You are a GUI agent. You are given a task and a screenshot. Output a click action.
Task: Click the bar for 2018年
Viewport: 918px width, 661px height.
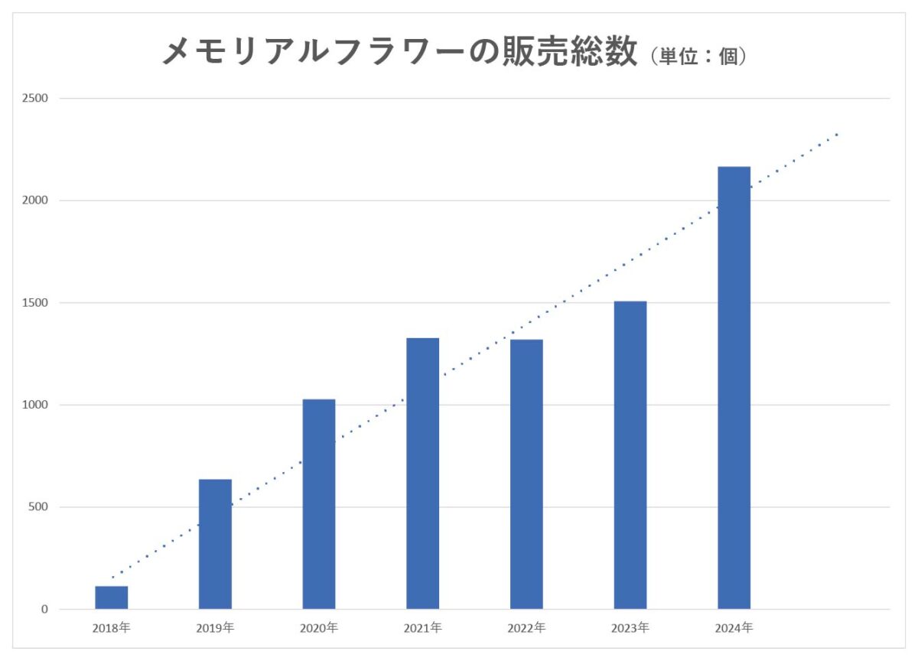(111, 598)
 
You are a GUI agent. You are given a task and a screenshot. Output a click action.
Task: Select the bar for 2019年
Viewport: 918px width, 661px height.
(215, 544)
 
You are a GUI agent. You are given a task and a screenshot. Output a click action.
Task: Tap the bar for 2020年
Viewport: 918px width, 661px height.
(319, 504)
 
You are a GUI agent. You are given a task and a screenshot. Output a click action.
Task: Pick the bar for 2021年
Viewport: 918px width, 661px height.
(422, 474)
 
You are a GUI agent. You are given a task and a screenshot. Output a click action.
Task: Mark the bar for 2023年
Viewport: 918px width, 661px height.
(630, 455)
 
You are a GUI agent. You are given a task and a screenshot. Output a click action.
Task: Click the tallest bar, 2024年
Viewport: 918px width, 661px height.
(734, 388)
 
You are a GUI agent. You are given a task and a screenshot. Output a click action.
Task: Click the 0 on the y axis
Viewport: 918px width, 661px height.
(44, 610)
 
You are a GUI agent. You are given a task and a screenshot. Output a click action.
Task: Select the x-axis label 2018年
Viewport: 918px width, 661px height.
(111, 628)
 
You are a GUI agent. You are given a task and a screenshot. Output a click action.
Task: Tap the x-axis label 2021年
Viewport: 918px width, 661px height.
(422, 628)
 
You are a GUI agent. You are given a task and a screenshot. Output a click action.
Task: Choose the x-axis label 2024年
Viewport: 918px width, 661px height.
(734, 628)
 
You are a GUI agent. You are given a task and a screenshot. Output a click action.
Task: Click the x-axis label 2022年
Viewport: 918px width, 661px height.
(526, 628)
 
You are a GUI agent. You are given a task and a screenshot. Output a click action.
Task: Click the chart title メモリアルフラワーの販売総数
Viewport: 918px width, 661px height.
(399, 53)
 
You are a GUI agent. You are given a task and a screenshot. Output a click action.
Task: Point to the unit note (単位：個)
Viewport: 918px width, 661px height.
(696, 57)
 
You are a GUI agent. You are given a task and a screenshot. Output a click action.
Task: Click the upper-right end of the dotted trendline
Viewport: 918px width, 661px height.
(838, 135)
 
